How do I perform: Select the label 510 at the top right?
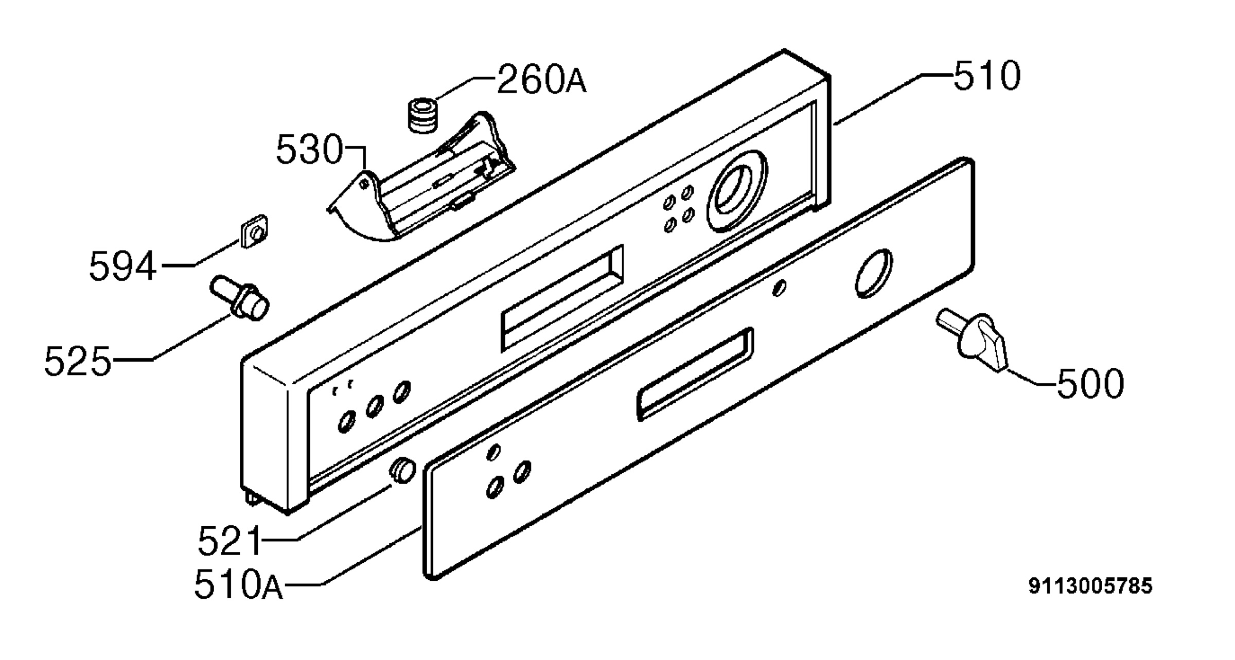[987, 76]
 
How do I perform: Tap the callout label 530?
[309, 150]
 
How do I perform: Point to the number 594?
[122, 266]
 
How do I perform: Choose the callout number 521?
[230, 541]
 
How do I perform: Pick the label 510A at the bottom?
[239, 585]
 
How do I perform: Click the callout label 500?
[1090, 383]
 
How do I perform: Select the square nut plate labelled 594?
[255, 231]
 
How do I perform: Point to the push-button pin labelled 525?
[240, 298]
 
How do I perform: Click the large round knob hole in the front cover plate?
[874, 274]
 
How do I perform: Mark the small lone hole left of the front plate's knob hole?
[780, 288]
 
